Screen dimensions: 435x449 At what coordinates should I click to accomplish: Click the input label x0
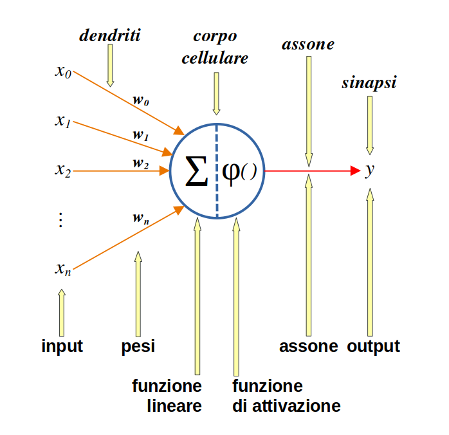pos(63,71)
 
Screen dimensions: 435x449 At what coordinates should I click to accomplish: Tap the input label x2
pos(62,171)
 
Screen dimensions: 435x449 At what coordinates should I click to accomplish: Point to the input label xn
pos(62,269)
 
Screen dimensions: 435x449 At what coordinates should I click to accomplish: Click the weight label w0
pos(141,100)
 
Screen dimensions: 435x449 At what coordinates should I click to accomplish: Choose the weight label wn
pos(141,218)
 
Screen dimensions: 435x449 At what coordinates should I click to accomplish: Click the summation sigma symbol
pos(196,171)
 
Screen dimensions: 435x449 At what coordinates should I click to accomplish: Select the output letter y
pos(369,171)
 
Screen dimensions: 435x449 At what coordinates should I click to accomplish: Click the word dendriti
pos(109,35)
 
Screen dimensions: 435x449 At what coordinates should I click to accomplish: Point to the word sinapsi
pos(369,84)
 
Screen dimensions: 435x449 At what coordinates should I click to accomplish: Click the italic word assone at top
pos(308,44)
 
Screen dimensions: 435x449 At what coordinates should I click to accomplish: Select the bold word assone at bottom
pos(308,346)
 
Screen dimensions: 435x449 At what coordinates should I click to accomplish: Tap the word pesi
pos(138,347)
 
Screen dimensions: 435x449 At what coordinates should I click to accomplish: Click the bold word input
pos(62,346)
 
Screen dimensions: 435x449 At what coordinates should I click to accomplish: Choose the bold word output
pos(373,346)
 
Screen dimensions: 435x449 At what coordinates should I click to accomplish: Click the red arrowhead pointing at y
pos(354,171)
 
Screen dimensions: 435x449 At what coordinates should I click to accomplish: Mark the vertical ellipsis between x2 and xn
pos(60,219)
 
